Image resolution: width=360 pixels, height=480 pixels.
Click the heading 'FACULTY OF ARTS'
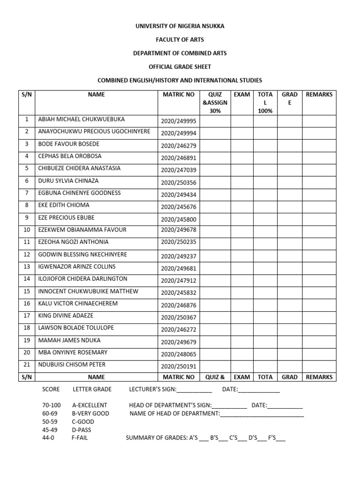coord(180,40)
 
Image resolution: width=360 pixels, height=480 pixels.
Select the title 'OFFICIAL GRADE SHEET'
coord(180,67)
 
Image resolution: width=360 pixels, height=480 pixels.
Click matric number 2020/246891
coord(178,158)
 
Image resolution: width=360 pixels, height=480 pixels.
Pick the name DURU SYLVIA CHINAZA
coord(68,181)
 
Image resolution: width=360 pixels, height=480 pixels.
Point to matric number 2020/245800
coord(178,219)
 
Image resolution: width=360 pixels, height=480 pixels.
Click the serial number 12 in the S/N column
coord(27,255)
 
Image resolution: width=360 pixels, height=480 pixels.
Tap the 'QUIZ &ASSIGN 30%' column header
coord(215,103)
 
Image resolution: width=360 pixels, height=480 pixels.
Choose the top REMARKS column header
coord(319,95)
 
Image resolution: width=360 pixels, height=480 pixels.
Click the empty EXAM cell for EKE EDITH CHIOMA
coord(242,206)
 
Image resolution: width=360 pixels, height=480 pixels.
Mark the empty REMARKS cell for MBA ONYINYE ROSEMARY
coord(319,353)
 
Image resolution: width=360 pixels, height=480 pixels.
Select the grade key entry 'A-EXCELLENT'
coord(90,405)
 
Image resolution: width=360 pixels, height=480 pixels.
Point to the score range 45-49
coord(50,430)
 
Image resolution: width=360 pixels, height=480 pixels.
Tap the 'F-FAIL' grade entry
coord(80,438)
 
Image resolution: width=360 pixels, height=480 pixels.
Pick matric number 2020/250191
coord(178,367)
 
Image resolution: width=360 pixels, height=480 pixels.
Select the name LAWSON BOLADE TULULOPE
coord(75,328)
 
